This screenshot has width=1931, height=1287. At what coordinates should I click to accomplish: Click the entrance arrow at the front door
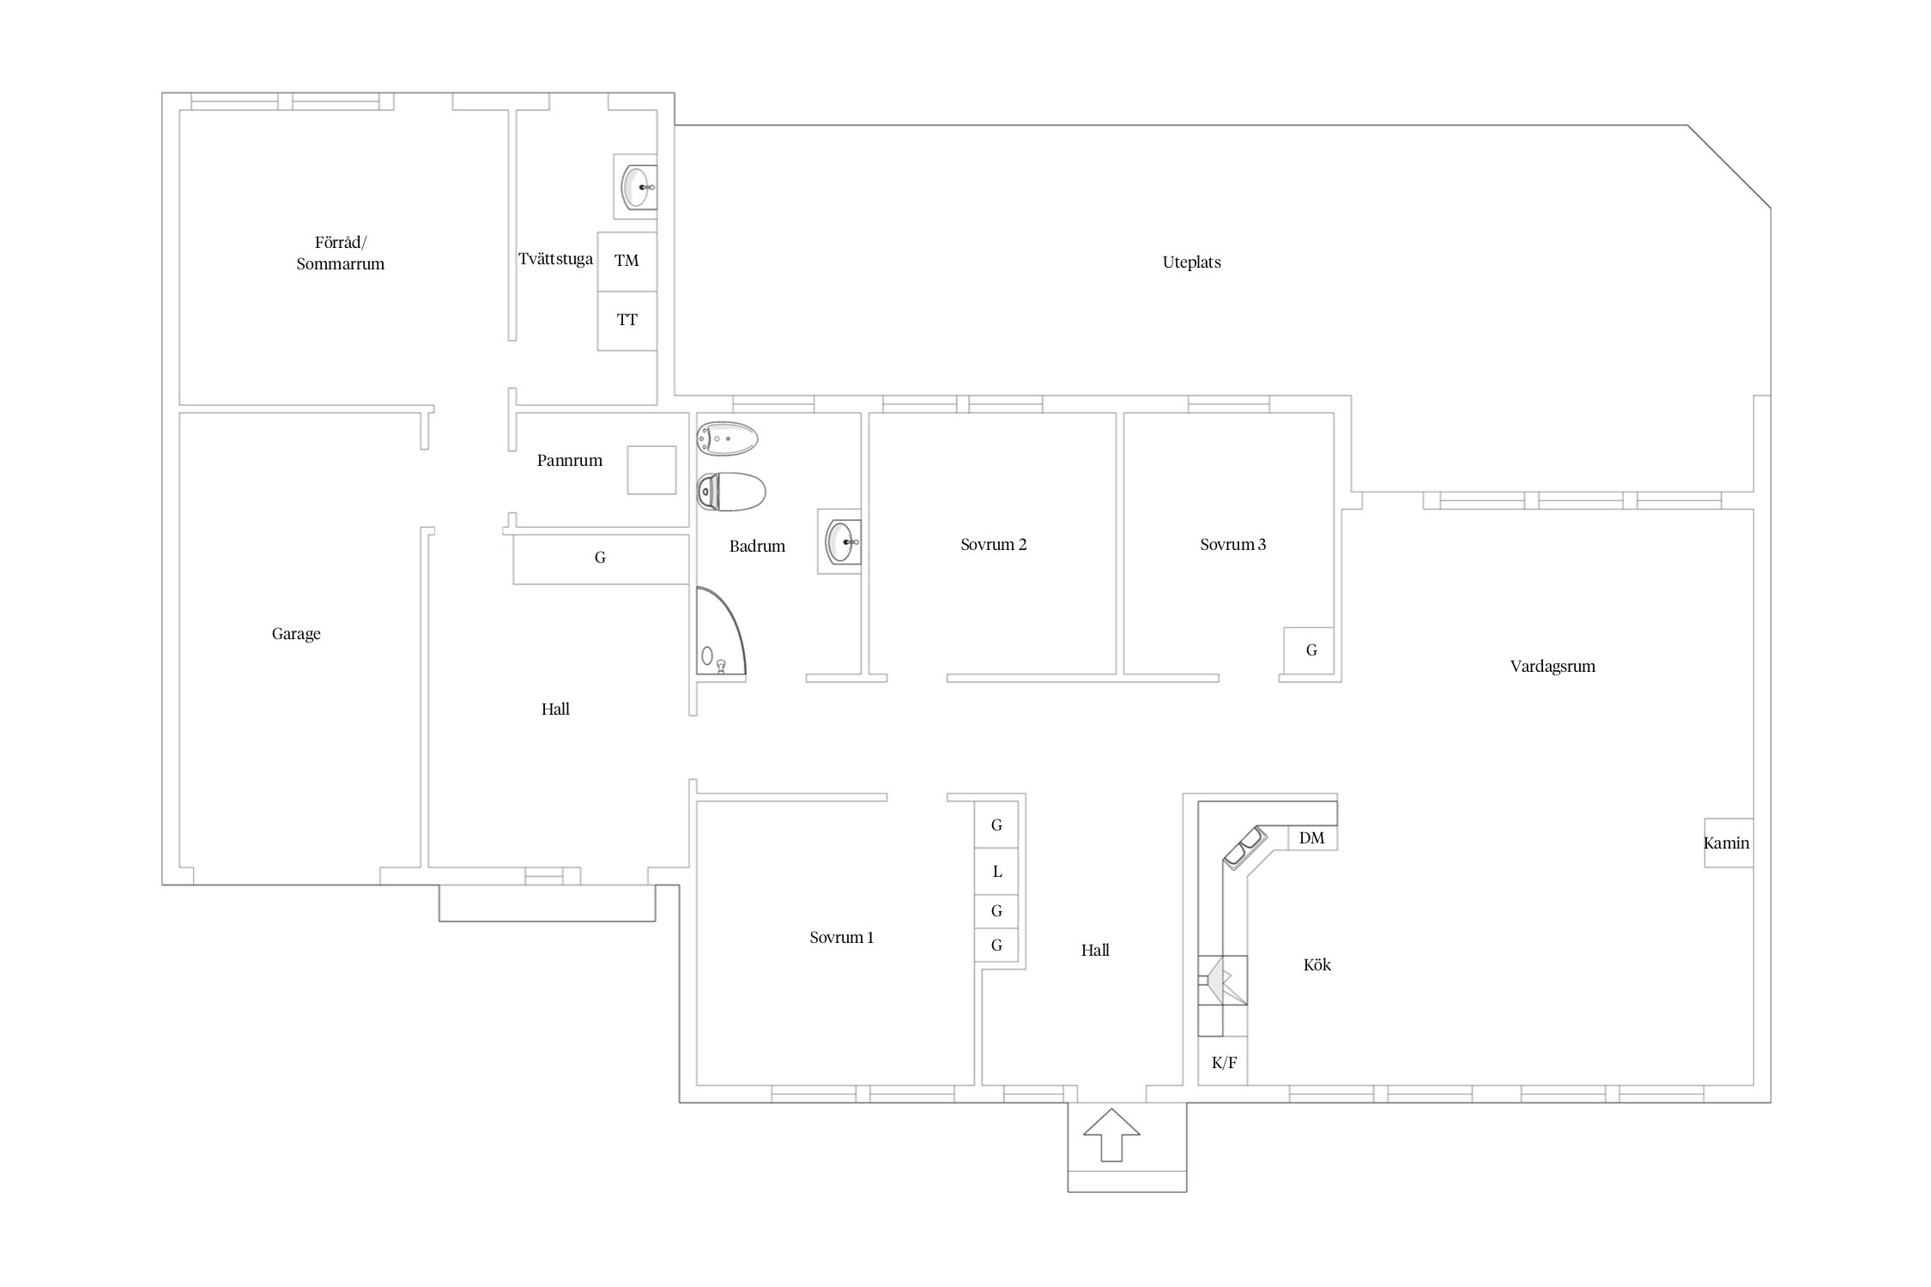(1111, 1135)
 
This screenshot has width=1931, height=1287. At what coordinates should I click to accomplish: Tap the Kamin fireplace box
(1728, 843)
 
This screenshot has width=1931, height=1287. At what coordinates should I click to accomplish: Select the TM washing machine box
(627, 261)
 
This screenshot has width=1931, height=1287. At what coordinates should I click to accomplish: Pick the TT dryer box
(627, 321)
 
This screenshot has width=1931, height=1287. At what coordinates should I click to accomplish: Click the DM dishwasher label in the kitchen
(1311, 838)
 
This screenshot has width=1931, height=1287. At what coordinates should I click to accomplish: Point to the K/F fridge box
(1223, 1061)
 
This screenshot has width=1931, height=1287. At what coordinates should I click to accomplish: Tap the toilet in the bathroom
(731, 492)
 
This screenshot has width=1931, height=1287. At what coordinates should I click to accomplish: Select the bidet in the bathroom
(728, 439)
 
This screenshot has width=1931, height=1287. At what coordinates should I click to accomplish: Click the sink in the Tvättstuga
(636, 186)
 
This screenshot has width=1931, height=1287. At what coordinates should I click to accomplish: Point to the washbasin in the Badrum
(840, 541)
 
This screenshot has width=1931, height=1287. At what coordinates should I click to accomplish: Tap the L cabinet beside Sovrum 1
(996, 871)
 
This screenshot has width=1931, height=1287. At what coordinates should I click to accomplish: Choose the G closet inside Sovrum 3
(1309, 650)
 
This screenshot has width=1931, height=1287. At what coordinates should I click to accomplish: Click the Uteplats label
(1191, 263)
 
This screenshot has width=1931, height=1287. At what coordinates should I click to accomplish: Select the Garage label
(296, 634)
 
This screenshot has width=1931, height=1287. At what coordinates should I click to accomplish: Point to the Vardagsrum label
(1553, 667)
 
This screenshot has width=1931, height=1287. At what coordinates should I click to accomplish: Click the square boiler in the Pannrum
(651, 470)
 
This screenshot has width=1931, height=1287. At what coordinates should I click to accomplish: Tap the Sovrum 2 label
(994, 545)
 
